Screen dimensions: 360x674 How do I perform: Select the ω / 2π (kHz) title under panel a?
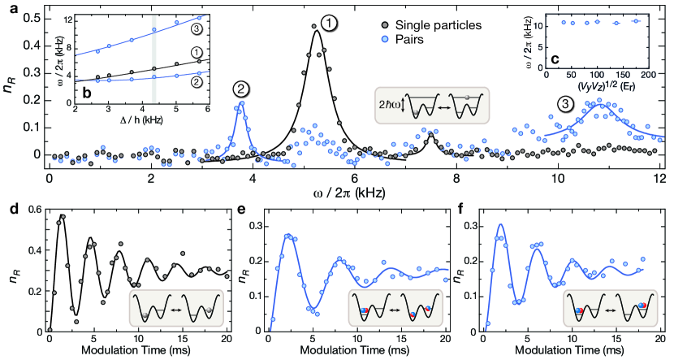tap(354, 193)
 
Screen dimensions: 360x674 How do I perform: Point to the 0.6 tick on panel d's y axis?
tap(31, 210)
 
